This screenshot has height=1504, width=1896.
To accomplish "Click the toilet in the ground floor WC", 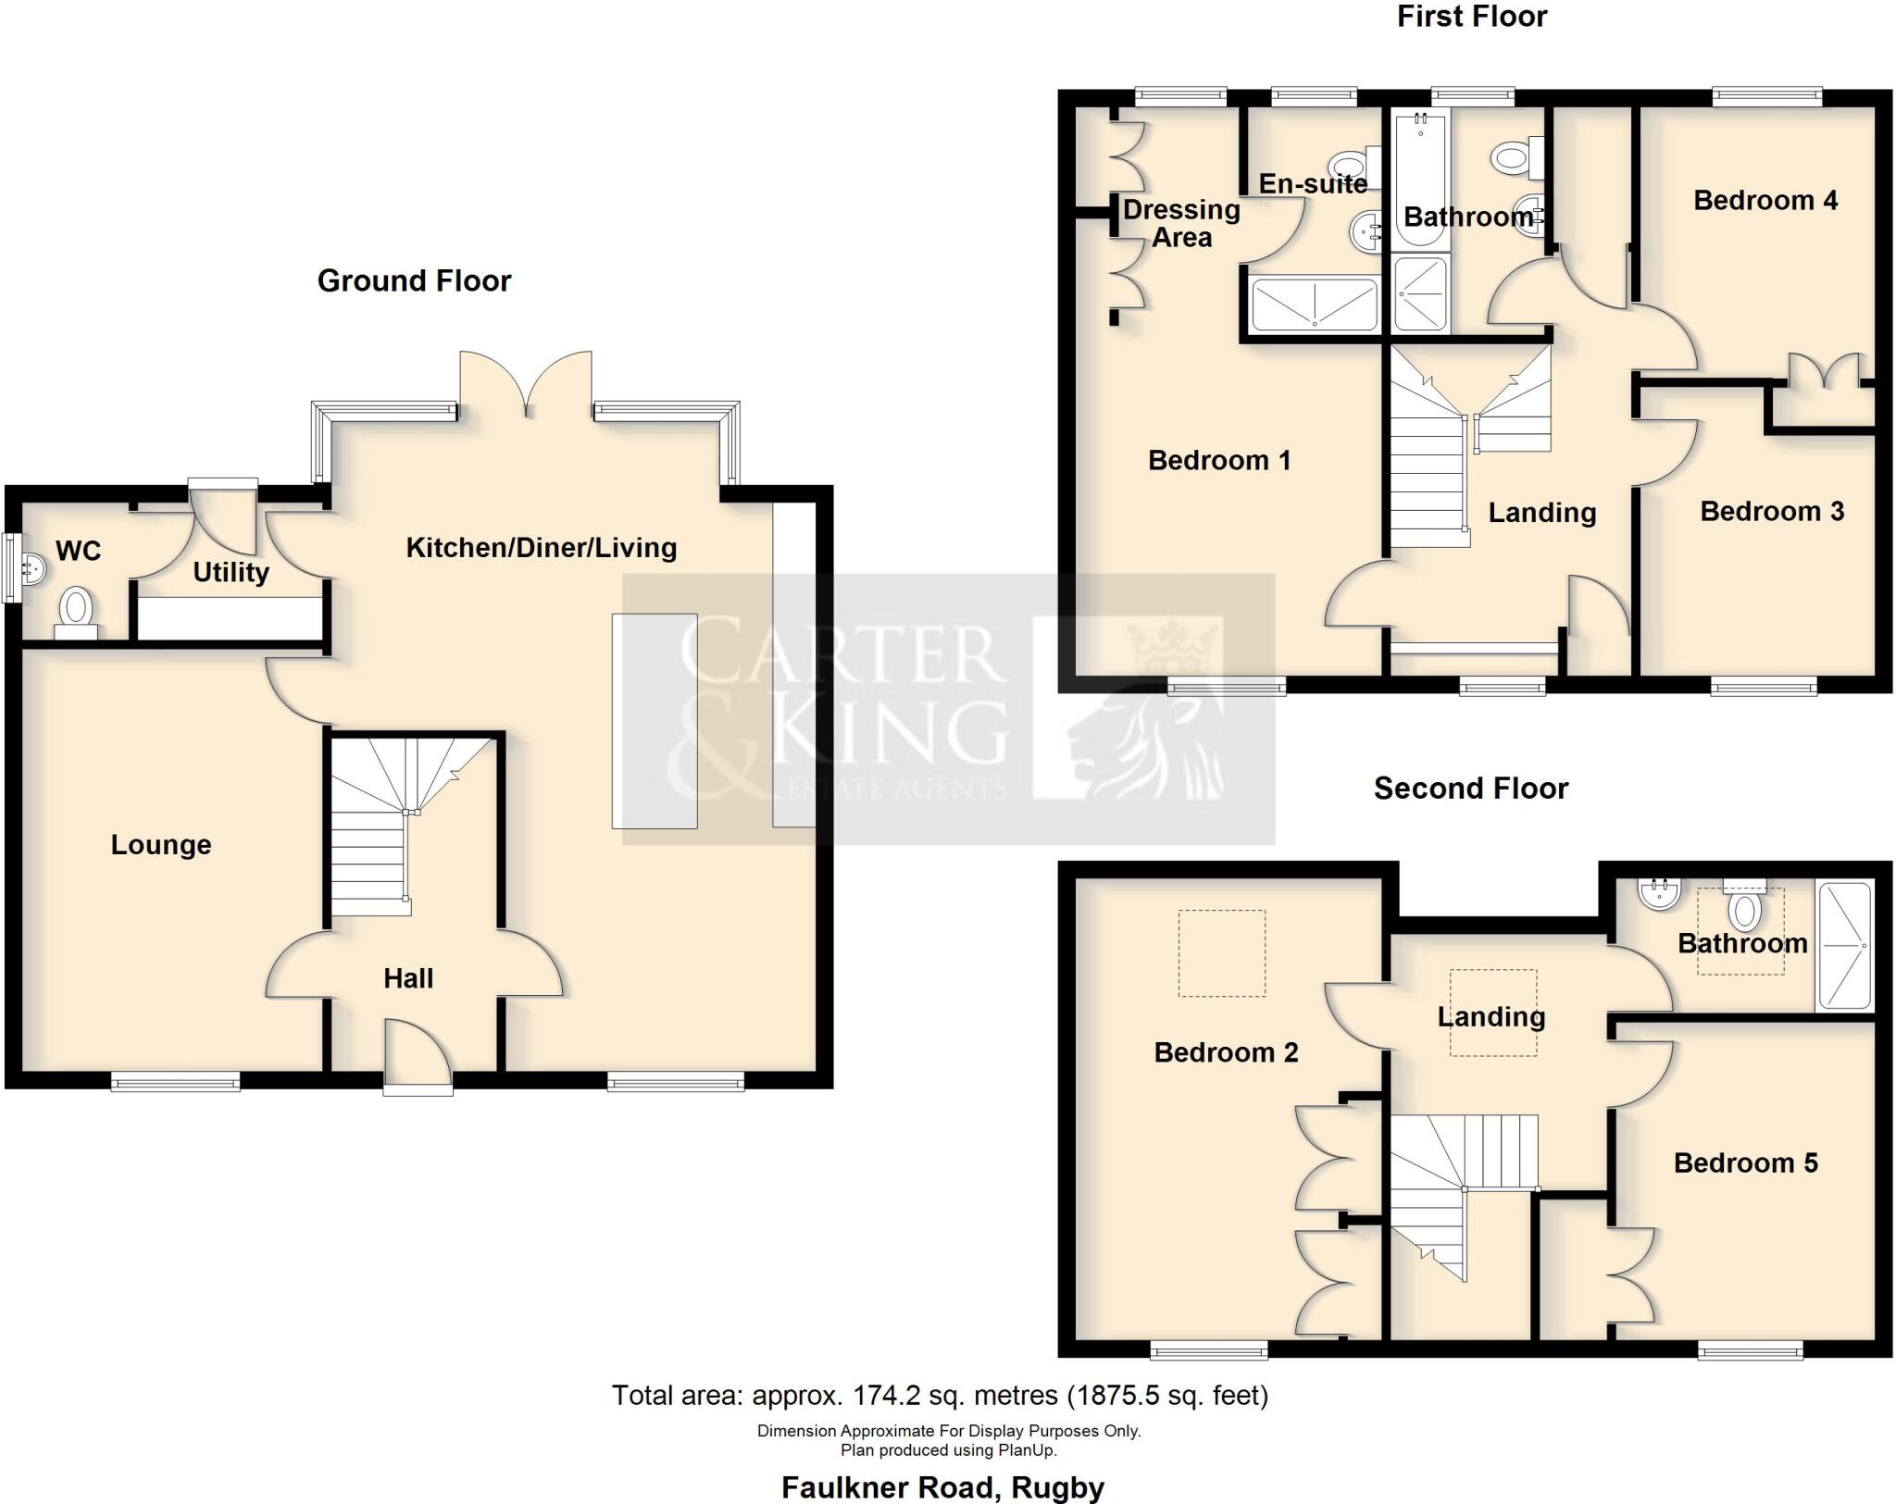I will (77, 612).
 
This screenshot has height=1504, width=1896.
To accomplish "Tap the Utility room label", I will (231, 572).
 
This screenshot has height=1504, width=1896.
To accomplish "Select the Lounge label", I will (161, 844).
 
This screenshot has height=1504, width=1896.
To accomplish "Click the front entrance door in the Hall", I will (418, 1055).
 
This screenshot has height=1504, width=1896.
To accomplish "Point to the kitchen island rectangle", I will (654, 720).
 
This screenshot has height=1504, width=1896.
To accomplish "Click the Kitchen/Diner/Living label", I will (542, 547).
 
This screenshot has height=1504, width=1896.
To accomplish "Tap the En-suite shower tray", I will (1314, 304).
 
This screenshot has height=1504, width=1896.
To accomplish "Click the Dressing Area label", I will (1181, 223).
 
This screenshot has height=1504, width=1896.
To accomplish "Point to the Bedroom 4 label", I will (1765, 200).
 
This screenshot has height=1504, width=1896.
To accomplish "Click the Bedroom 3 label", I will (1771, 511).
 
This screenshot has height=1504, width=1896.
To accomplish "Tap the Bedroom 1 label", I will (1218, 460).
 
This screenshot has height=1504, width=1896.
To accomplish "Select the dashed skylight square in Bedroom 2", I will (1221, 953).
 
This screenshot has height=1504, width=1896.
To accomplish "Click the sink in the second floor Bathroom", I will (1658, 893).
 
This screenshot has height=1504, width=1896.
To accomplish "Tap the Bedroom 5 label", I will (1745, 1162).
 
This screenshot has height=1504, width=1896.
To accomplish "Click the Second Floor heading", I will (1470, 789).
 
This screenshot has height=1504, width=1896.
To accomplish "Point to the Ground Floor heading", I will (414, 280).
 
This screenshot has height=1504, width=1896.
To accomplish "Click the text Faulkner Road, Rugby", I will (942, 1487).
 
